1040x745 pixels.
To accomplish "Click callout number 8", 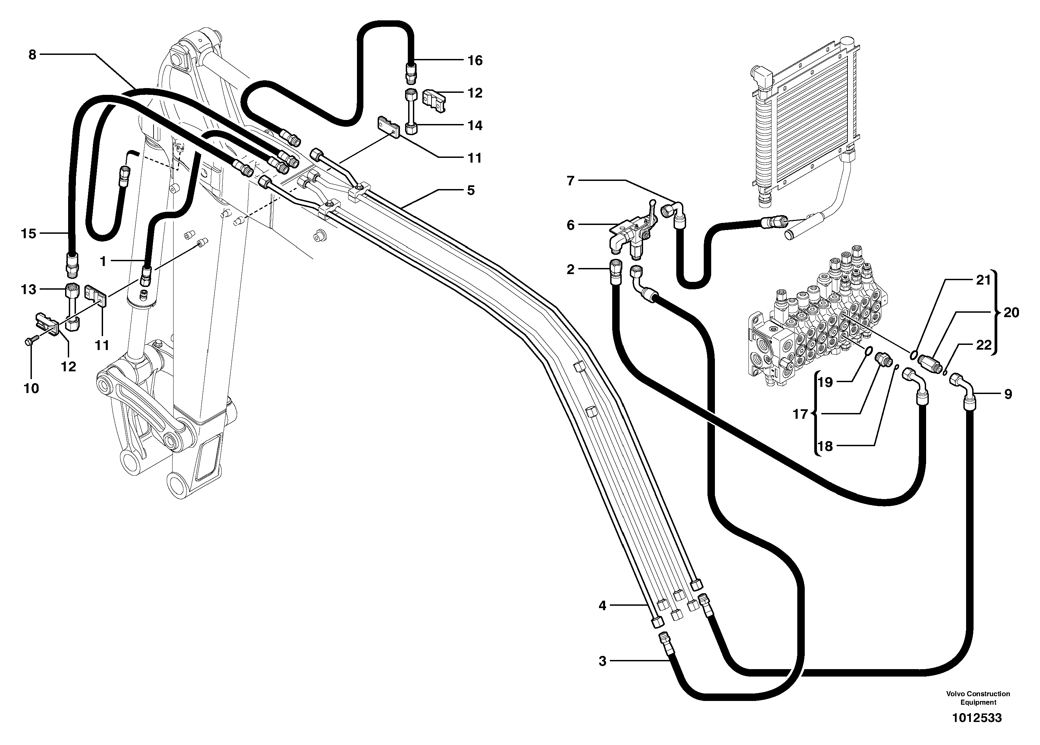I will (x=32, y=55).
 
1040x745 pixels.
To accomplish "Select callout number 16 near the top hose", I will (x=475, y=61).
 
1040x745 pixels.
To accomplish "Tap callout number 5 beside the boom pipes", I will (x=471, y=190).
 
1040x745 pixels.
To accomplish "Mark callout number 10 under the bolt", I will (x=31, y=389).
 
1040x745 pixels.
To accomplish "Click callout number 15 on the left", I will (x=28, y=234).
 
